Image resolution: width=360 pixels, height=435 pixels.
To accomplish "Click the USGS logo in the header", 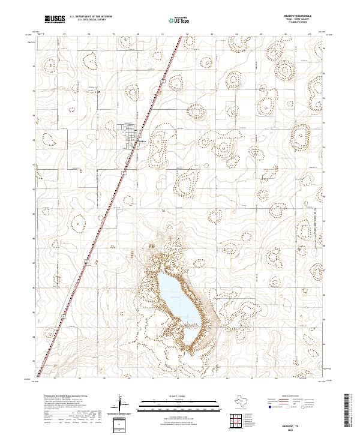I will (x=55, y=20).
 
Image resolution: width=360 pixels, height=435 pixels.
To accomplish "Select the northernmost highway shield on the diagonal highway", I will (x=163, y=80).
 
